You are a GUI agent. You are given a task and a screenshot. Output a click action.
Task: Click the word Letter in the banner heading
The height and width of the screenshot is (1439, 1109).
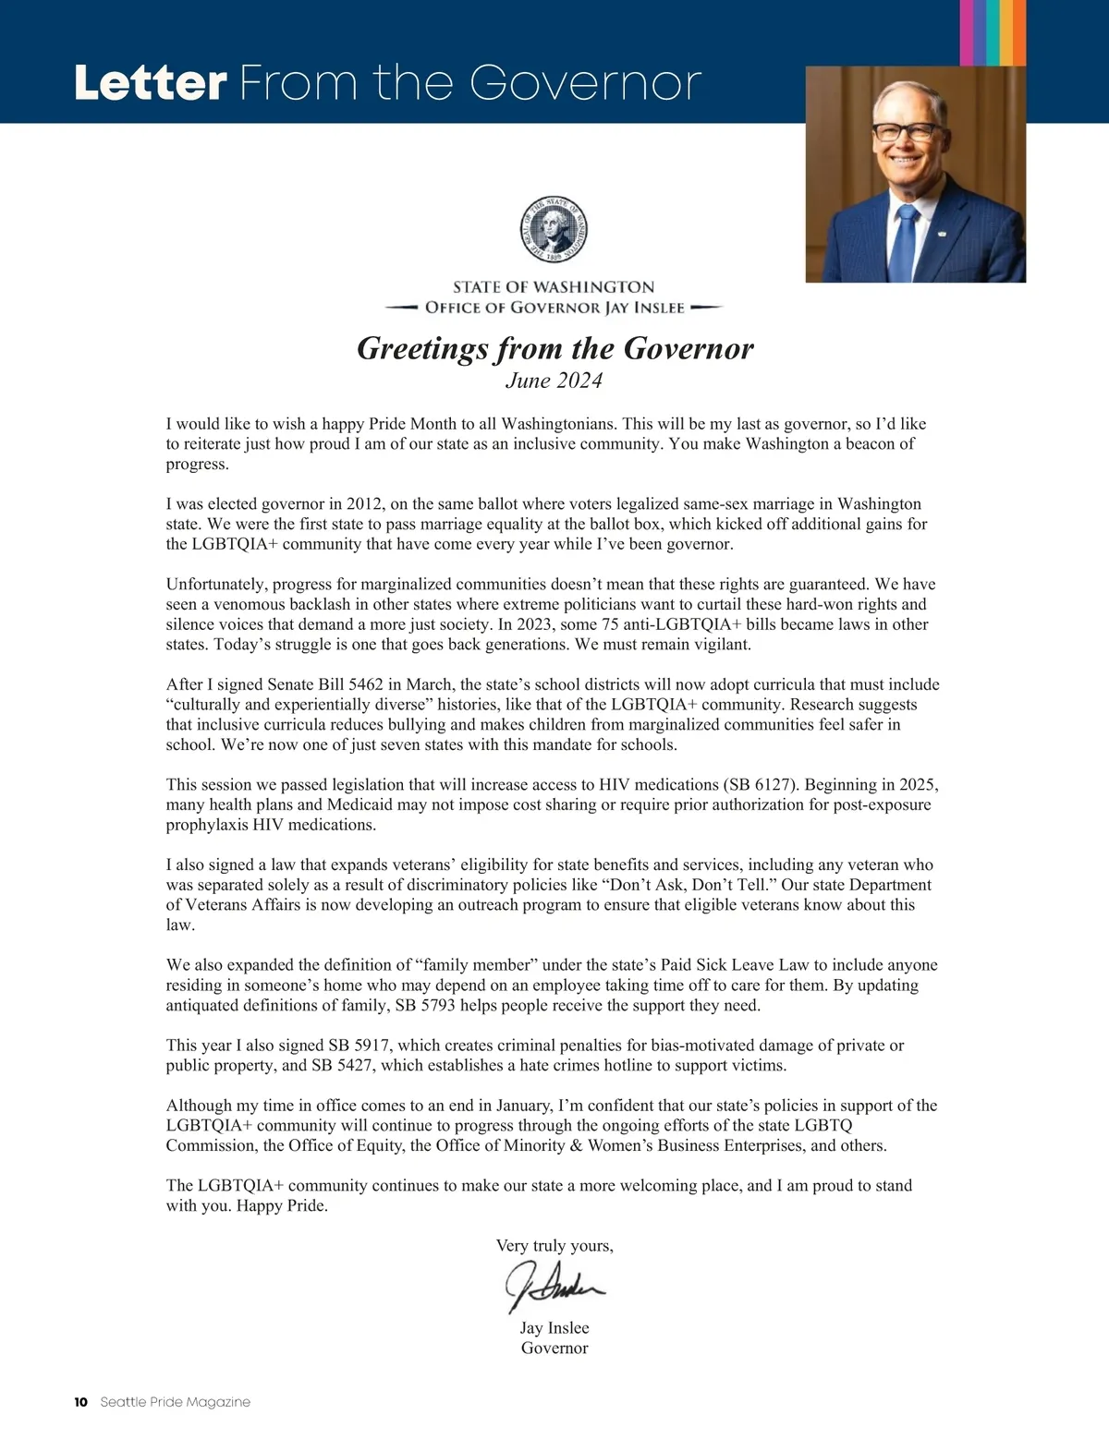point(151,83)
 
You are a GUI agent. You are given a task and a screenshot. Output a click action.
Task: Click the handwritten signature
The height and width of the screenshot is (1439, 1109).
point(554,1285)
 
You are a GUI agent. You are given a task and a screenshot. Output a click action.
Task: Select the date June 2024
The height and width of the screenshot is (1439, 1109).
point(554,381)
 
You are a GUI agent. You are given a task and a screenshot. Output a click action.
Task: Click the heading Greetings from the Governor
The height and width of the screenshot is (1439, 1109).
point(554,348)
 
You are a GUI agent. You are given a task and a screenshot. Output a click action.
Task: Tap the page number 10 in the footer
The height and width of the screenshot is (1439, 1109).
point(81,1402)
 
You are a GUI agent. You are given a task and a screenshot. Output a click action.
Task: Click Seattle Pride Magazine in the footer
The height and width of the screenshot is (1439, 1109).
point(175,1402)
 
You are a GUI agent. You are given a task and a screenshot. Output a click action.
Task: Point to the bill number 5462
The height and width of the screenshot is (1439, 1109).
point(342,684)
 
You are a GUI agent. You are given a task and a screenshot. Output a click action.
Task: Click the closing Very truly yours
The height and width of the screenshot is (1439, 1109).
point(554,1246)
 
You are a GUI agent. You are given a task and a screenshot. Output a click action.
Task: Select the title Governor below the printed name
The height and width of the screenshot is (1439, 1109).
point(554,1348)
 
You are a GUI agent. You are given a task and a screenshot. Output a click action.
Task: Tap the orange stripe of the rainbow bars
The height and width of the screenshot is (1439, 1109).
point(1018,32)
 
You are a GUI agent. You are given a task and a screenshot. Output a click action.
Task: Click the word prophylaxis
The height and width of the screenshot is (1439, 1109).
point(206,825)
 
